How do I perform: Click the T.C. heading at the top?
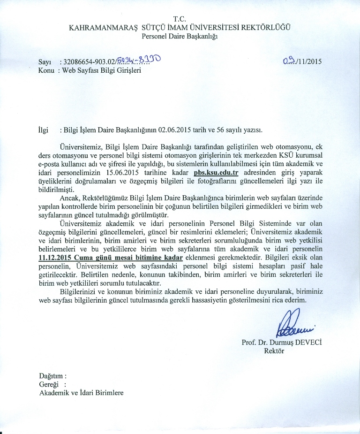[180, 19]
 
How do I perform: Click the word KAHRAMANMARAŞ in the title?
[97, 27]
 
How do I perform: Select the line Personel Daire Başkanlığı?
[180, 36]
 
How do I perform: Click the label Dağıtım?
[52, 376]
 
